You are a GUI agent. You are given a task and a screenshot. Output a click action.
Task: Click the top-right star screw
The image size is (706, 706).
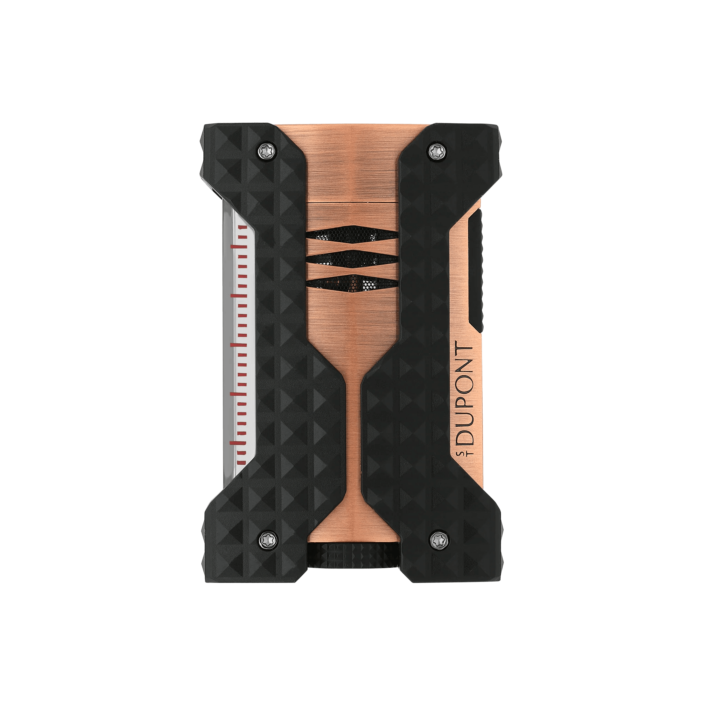point(436,151)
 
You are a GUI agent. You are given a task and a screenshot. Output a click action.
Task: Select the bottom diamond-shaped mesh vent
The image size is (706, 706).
point(352,282)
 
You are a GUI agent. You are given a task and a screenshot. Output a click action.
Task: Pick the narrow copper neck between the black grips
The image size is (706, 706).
point(353,420)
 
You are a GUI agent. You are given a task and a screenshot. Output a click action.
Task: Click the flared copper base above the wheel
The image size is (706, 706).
point(353,526)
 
